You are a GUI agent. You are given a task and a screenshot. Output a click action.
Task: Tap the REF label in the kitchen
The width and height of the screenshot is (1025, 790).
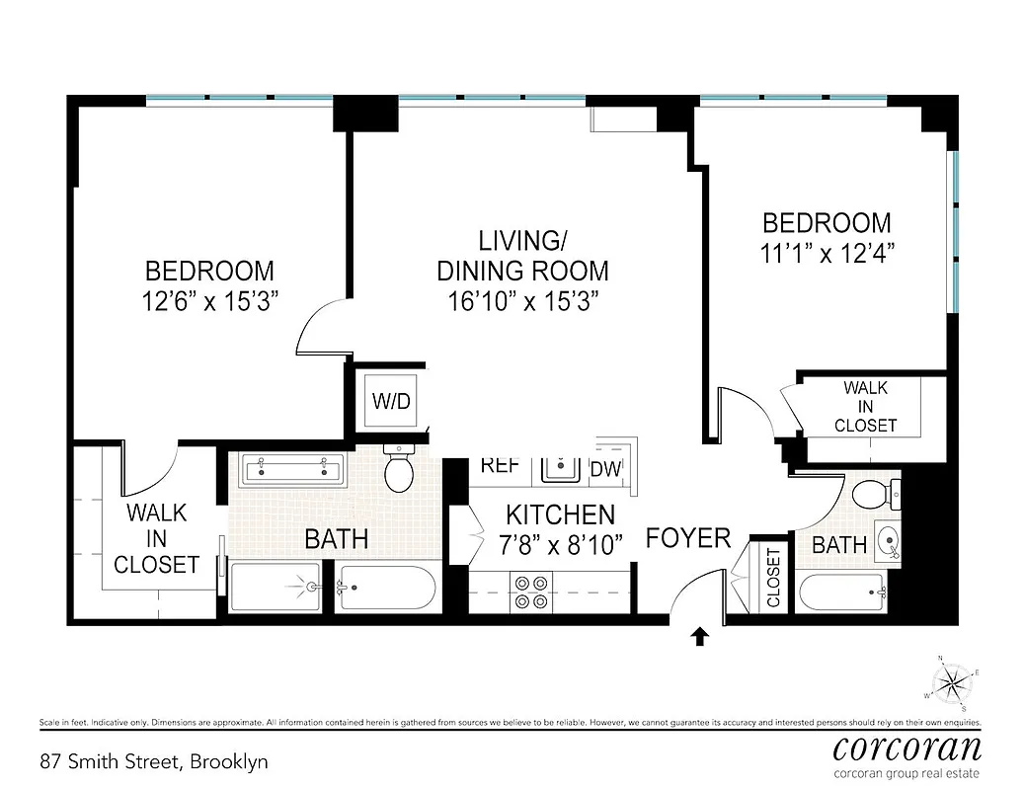(x=500, y=465)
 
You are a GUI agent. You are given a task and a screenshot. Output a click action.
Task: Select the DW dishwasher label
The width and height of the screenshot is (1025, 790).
(x=605, y=469)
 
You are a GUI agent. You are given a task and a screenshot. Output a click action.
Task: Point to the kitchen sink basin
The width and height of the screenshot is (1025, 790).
(x=560, y=467)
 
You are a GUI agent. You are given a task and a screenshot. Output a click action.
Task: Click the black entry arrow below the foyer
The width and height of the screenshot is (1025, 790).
(x=699, y=637)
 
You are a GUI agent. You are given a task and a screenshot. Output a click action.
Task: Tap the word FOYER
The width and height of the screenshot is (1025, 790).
(x=688, y=538)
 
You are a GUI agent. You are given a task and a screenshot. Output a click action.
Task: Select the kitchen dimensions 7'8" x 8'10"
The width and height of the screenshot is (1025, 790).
(x=561, y=546)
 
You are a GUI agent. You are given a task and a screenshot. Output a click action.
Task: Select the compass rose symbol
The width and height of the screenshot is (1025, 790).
(x=953, y=681)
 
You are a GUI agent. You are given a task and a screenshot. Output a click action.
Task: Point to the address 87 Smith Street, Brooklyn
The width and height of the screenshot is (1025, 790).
(x=153, y=761)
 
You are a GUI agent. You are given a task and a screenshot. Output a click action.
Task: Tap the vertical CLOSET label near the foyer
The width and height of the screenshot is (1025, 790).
(x=772, y=578)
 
